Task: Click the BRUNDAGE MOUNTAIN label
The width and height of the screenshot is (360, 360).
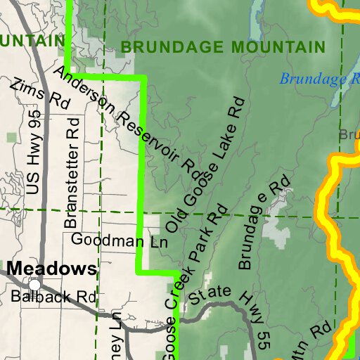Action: tap(223, 47)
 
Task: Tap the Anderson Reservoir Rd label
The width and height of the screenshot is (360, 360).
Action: tap(127, 120)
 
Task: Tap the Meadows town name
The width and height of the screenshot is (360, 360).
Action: tap(52, 269)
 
